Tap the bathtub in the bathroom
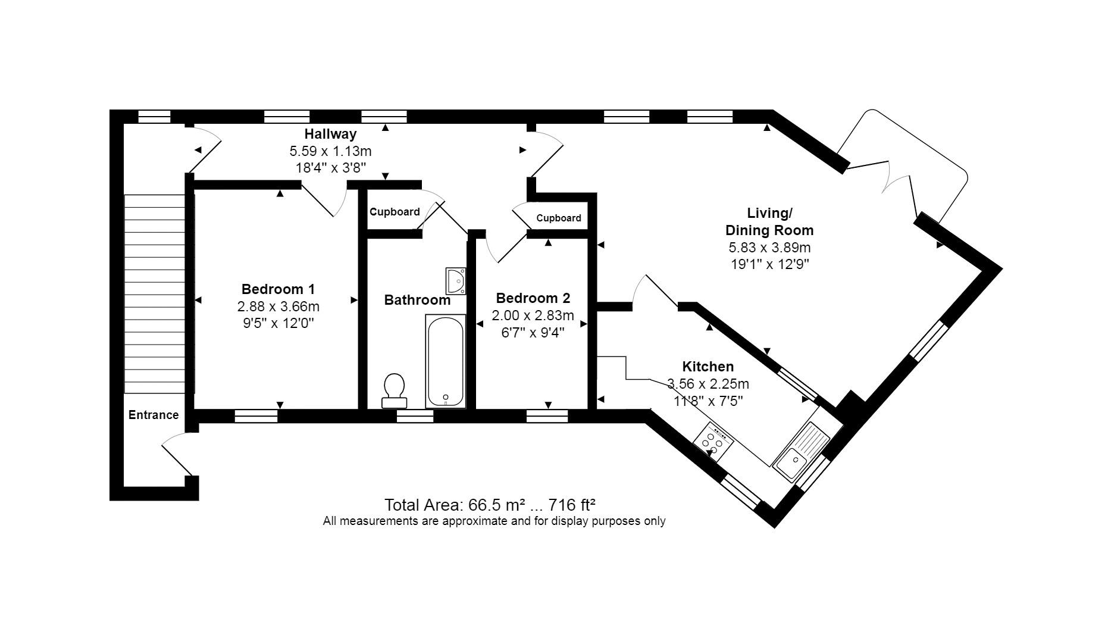(445, 361)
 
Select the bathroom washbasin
(456, 280)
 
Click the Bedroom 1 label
(278, 289)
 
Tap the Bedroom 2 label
(533, 298)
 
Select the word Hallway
(330, 134)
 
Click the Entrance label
(154, 415)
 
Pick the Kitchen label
(708, 367)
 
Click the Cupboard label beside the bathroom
(395, 212)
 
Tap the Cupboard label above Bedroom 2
(558, 218)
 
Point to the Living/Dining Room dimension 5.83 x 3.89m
(769, 248)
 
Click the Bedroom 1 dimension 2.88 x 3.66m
(278, 307)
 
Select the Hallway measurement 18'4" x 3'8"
(330, 168)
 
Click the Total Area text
(490, 505)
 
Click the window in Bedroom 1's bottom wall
(256, 416)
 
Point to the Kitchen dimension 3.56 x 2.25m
(708, 384)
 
